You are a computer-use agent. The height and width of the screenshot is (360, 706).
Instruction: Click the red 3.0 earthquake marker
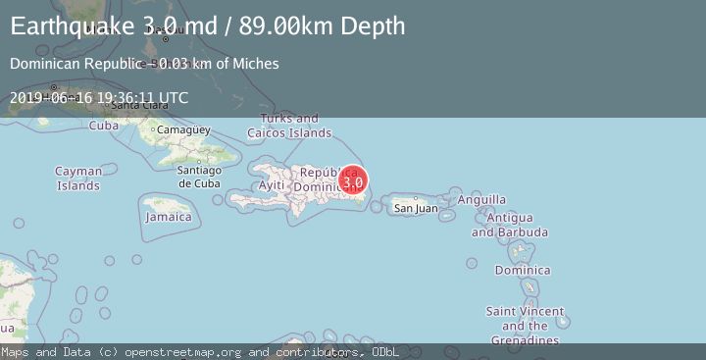pyautogui.click(x=353, y=180)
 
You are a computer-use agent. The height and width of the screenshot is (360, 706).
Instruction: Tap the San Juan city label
pyautogui.click(x=416, y=208)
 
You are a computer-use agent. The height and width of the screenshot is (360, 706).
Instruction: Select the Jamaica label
pyautogui.click(x=169, y=217)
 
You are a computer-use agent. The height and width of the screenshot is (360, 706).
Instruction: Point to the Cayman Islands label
pyautogui.click(x=78, y=179)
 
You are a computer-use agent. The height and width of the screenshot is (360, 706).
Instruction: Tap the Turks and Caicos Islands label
pyautogui.click(x=289, y=126)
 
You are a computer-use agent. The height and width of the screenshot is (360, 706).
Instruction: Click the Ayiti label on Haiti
pyautogui.click(x=270, y=186)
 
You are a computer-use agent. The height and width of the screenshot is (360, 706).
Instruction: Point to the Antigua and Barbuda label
pyautogui.click(x=509, y=225)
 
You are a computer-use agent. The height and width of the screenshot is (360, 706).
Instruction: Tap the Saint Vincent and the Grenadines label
pyautogui.click(x=525, y=326)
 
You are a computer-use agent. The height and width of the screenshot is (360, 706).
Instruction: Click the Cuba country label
pyautogui.click(x=104, y=126)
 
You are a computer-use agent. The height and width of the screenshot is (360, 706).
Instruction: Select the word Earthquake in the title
pyautogui.click(x=67, y=26)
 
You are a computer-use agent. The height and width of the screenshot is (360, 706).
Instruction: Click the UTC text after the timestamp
pyautogui.click(x=173, y=98)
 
